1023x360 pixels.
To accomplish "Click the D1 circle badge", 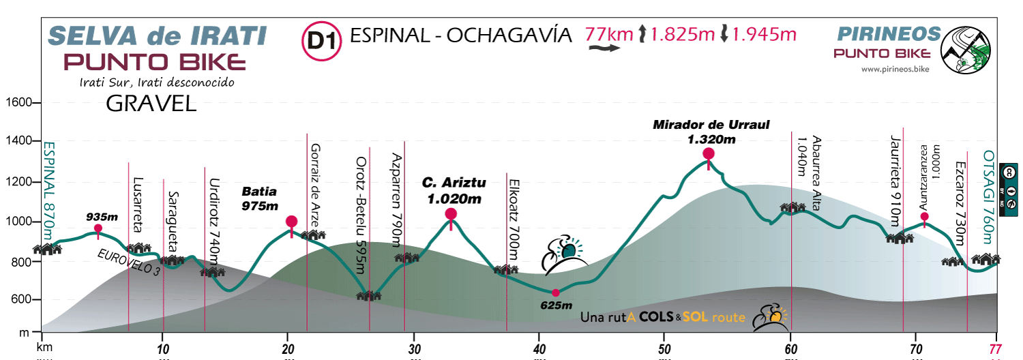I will coord(321,41).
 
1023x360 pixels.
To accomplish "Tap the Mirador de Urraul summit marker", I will coord(709,154).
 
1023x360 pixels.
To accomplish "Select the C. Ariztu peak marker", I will coord(451,214).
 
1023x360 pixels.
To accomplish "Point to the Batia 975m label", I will coord(261,198).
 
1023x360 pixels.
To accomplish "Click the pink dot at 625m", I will coord(556,292).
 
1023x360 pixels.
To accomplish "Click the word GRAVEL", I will coord(151,104).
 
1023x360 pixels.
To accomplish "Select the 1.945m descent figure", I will coord(764,34).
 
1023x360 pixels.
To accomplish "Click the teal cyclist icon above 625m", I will coord(565,254).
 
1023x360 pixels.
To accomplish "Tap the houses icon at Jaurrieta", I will coord(899,237).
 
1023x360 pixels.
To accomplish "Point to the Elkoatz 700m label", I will coord(515,217).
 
